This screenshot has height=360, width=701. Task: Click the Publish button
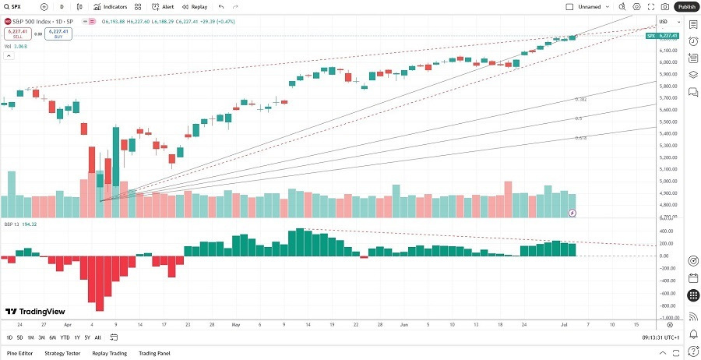(686, 6)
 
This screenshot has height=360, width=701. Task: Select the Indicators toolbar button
(110, 6)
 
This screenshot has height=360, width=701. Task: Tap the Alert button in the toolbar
(164, 6)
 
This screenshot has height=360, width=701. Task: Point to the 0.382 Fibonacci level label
(580, 100)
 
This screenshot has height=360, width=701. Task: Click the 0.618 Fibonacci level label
(580, 137)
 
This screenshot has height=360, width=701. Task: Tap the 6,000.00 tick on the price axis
(668, 62)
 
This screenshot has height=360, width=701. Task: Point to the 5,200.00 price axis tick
(668, 157)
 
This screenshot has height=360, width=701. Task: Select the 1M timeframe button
(30, 337)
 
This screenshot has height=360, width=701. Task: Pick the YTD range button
(65, 337)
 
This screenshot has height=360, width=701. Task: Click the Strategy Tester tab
(62, 353)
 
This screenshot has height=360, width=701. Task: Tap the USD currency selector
(664, 21)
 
